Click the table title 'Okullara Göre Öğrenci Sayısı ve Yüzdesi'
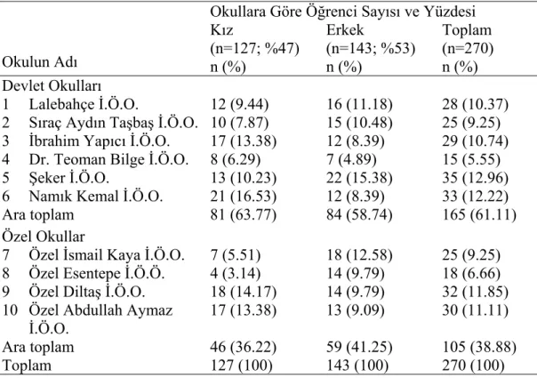343,12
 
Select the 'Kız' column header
221,30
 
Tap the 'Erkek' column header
345,30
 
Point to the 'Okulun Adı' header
40,62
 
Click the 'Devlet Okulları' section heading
52,86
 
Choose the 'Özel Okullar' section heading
44,237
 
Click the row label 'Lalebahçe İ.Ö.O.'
84,105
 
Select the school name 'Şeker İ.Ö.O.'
68,178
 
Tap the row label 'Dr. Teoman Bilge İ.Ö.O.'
108,160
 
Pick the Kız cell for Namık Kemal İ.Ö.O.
243,197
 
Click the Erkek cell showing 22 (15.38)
359,178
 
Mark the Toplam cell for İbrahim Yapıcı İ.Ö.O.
475,141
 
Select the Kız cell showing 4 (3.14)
236,273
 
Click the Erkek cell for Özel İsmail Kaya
359,255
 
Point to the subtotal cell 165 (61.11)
479,215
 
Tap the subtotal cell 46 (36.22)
243,347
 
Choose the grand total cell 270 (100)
473,366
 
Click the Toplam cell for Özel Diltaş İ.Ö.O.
475,292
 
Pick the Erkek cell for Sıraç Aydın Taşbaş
359,123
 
